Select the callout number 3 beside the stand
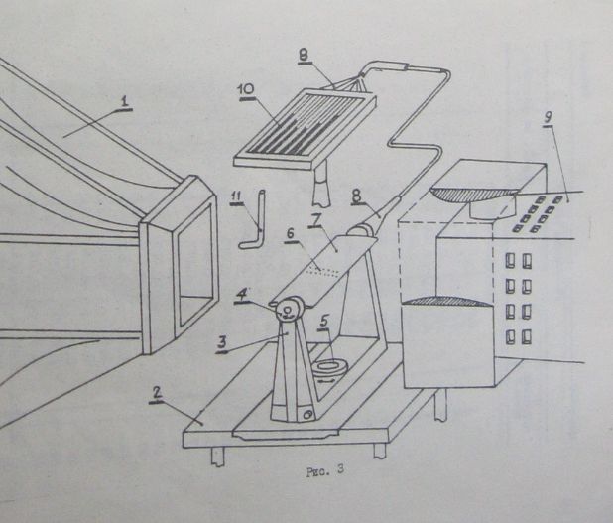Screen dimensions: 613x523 (x=224, y=341)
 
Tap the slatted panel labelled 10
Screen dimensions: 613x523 (x=298, y=124)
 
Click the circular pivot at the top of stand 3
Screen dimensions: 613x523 (x=288, y=313)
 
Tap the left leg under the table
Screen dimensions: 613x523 (x=216, y=455)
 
